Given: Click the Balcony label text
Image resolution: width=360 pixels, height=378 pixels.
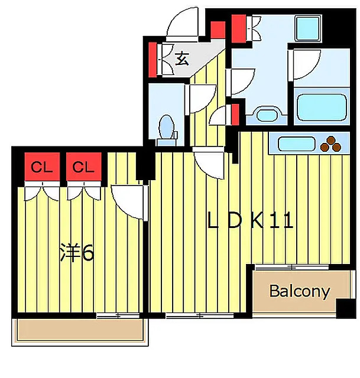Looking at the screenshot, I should (299, 291).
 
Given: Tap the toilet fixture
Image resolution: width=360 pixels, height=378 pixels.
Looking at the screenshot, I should (167, 127).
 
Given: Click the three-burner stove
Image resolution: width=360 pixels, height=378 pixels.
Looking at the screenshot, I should (329, 144).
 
